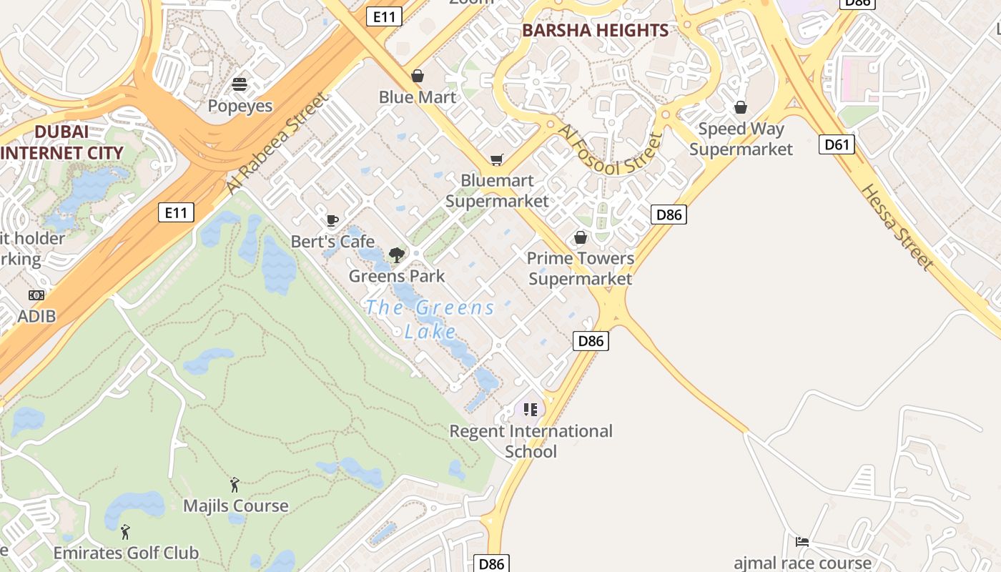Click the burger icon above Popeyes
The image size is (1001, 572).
240,84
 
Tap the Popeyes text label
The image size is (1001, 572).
240,106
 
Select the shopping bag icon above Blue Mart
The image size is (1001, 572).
418,76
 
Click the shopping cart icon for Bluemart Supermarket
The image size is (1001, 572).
496,159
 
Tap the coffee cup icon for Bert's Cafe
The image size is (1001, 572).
332,220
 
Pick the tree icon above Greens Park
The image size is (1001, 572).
396,255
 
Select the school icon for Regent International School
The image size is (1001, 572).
530,410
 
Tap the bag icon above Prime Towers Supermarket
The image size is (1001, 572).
581,237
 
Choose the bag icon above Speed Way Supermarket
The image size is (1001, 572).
741,107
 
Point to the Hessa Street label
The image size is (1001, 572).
897,227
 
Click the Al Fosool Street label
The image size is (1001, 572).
610,151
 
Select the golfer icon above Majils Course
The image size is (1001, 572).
235,485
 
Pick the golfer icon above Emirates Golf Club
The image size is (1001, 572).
126,532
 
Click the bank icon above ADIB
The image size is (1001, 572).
36,295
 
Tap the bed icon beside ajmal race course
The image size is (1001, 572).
802,542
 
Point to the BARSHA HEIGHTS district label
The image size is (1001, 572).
595,31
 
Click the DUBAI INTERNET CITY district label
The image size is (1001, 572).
61,142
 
